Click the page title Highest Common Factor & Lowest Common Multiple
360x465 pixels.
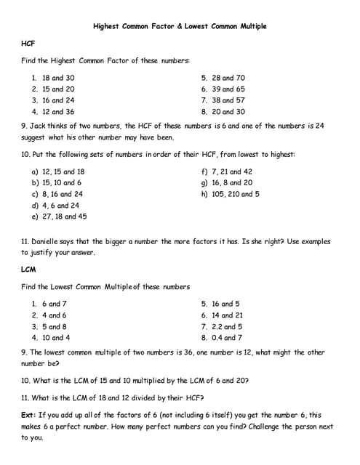pyautogui.click(x=180, y=26)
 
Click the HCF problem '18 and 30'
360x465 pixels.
pyautogui.click(x=58, y=78)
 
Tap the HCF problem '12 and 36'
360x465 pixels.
pyautogui.click(x=58, y=112)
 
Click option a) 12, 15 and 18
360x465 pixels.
pyautogui.click(x=58, y=171)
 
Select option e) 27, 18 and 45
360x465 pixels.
pyautogui.click(x=59, y=217)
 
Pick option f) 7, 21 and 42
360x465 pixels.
pyautogui.click(x=227, y=171)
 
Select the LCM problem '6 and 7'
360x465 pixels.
pyautogui.click(x=54, y=304)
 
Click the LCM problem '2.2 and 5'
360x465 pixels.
pyautogui.click(x=228, y=326)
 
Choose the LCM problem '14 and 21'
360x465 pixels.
pyautogui.click(x=228, y=315)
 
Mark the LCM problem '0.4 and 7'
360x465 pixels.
pyautogui.click(x=228, y=338)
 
